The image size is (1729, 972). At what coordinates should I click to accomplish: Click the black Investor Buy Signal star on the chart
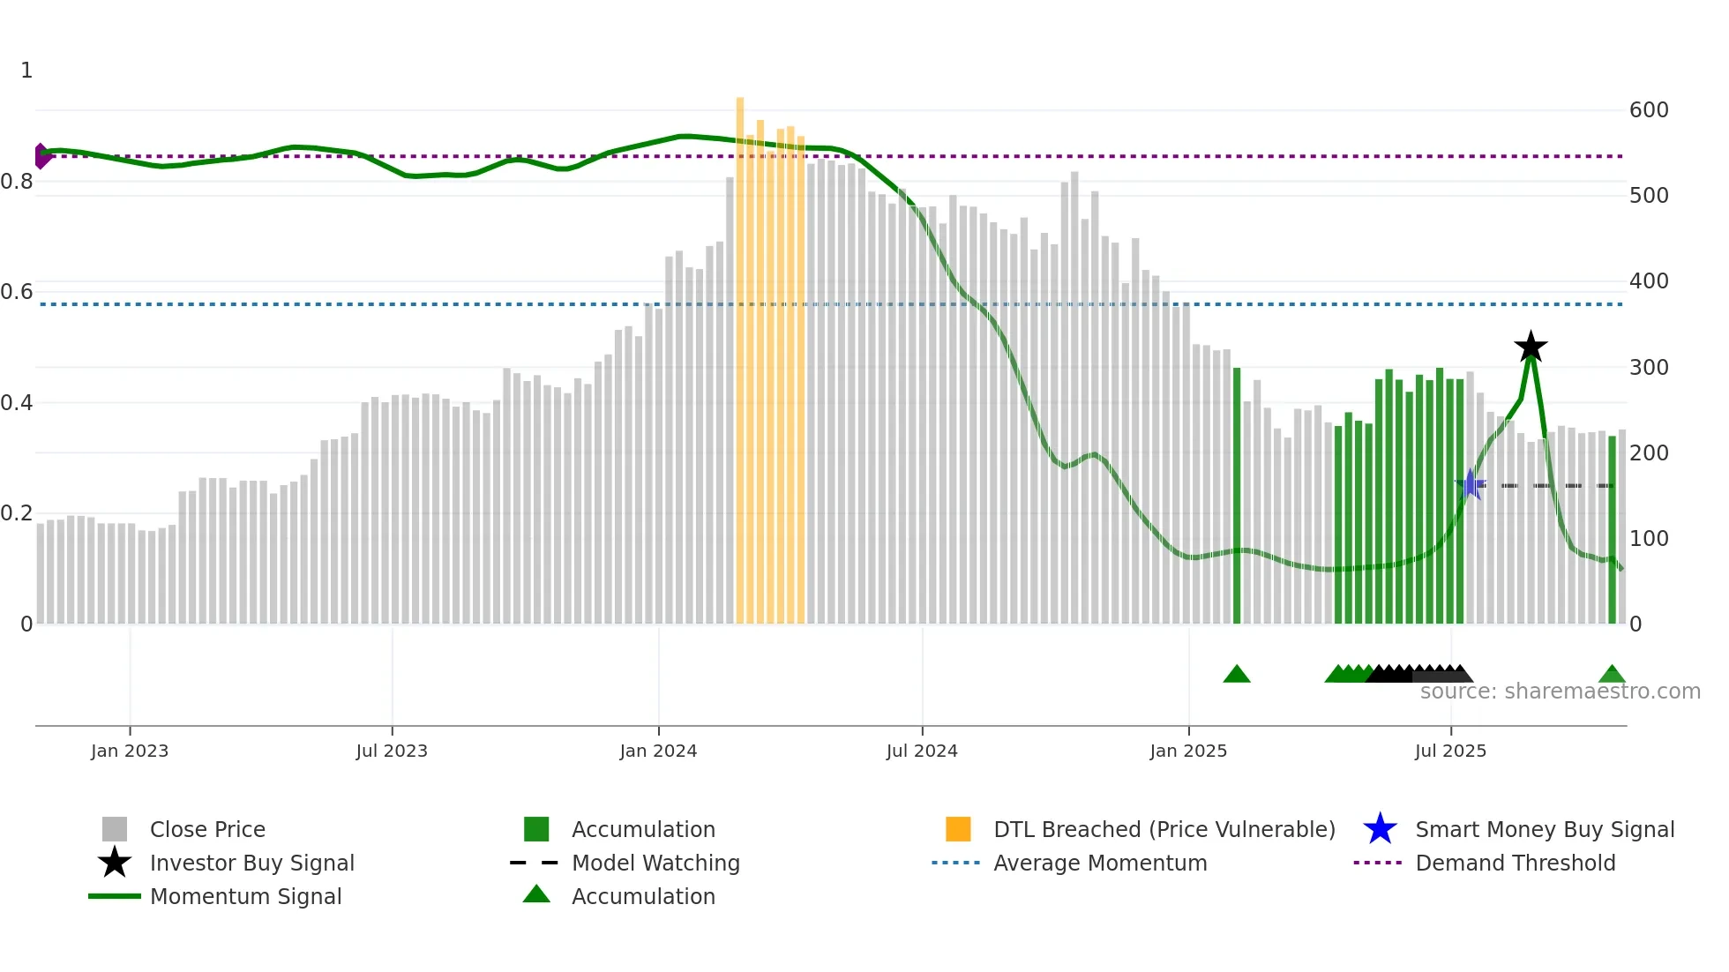1531,347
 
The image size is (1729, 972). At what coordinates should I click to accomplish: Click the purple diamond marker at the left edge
41,156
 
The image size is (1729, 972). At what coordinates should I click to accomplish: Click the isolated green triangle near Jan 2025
1237,675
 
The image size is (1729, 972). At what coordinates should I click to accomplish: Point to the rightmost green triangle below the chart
1612,675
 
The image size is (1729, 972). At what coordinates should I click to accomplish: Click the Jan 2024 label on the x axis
658,751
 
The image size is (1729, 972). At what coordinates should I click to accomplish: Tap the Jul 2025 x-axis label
1450,751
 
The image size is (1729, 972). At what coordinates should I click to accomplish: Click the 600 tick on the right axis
1649,110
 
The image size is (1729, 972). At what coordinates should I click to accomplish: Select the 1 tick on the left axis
26,71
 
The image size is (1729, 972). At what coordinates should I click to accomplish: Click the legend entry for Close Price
207,829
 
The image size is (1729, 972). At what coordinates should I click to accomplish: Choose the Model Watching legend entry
655,863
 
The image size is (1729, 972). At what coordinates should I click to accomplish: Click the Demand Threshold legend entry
1515,863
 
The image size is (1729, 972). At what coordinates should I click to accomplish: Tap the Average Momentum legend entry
1100,863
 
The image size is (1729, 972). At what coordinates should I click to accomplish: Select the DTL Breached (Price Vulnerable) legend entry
1164,829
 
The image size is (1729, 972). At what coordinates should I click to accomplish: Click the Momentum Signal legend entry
245,896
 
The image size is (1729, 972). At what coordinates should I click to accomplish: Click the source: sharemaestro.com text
1560,692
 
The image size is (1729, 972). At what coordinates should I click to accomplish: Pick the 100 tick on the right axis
1649,538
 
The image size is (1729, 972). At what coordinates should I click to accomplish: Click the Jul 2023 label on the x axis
392,751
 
